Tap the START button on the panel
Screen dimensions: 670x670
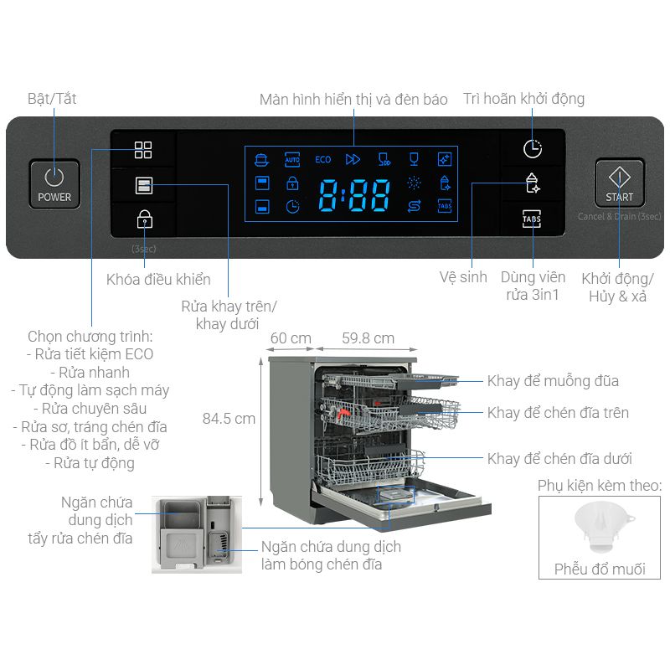[619, 183]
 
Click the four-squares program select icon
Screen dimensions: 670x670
[143, 150]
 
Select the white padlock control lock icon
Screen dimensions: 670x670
[144, 219]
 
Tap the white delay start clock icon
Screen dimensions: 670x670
[533, 149]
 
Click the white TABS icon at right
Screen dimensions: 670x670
[532, 219]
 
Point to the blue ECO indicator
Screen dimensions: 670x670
[323, 160]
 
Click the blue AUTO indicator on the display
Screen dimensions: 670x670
[292, 160]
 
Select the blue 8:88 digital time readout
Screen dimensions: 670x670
[354, 195]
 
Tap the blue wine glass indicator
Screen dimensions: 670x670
[414, 159]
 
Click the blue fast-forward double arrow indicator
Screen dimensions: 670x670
[353, 159]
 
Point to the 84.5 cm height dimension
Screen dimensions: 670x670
[229, 419]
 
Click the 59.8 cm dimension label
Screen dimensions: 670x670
[368, 338]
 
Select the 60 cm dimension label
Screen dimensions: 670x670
[291, 338]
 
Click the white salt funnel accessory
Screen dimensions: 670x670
[602, 527]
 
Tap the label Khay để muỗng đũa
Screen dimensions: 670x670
[553, 381]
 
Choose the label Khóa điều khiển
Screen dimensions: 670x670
[158, 280]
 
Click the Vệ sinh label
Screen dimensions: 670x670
[463, 277]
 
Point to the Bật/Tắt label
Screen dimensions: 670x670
[52, 99]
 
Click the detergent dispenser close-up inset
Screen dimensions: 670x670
[197, 534]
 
